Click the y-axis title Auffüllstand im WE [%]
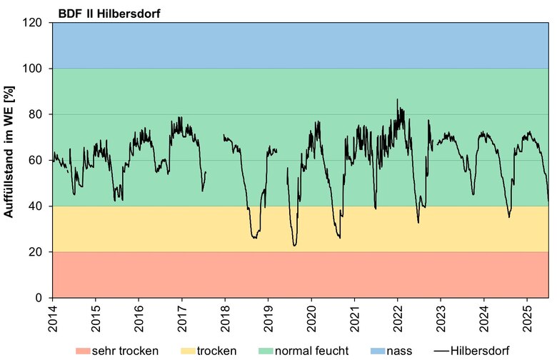(10, 160)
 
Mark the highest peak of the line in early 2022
(398, 100)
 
